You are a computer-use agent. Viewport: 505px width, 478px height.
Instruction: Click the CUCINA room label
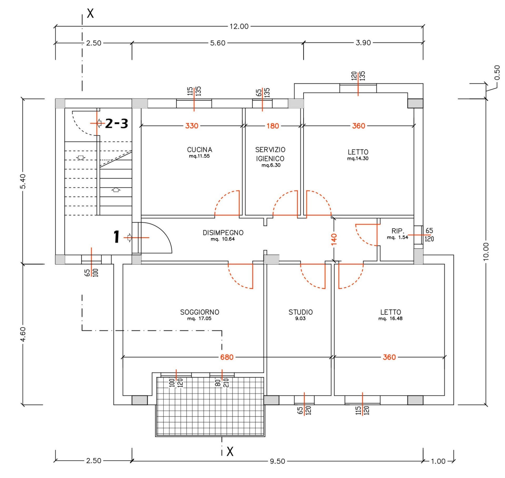pyautogui.click(x=200, y=150)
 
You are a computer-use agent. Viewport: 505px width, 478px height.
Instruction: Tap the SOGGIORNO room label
pyautogui.click(x=200, y=312)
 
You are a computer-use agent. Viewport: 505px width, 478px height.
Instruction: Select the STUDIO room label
pyautogui.click(x=301, y=312)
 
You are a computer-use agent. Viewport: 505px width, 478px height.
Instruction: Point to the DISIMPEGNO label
pyautogui.click(x=223, y=233)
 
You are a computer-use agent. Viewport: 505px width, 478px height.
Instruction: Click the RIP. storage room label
pyautogui.click(x=398, y=231)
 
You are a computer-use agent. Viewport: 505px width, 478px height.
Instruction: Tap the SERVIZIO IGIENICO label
pyautogui.click(x=270, y=154)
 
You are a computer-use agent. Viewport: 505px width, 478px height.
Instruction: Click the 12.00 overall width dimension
pyautogui.click(x=239, y=27)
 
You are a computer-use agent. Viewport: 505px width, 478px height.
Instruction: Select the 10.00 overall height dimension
pyautogui.click(x=486, y=251)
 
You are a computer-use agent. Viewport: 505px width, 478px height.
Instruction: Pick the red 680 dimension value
pyautogui.click(x=227, y=357)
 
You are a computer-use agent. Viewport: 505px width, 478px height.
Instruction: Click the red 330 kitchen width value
pyautogui.click(x=192, y=126)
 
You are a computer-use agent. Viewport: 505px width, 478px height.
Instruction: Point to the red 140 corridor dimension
pyautogui.click(x=334, y=239)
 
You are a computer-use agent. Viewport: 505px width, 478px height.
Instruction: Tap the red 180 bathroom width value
pyautogui.click(x=273, y=126)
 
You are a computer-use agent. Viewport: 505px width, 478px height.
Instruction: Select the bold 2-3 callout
pyautogui.click(x=117, y=123)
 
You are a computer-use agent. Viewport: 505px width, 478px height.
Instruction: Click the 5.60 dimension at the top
pyautogui.click(x=218, y=43)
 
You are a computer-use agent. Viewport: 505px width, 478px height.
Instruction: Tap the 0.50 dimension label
pyautogui.click(x=497, y=73)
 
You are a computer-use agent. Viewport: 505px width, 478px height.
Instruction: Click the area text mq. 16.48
pyautogui.click(x=390, y=318)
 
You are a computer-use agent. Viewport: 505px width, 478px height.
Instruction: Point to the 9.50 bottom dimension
pyautogui.click(x=277, y=461)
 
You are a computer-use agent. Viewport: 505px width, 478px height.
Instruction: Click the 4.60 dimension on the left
pyautogui.click(x=23, y=335)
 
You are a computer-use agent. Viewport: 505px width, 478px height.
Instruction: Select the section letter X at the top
pyautogui.click(x=90, y=13)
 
